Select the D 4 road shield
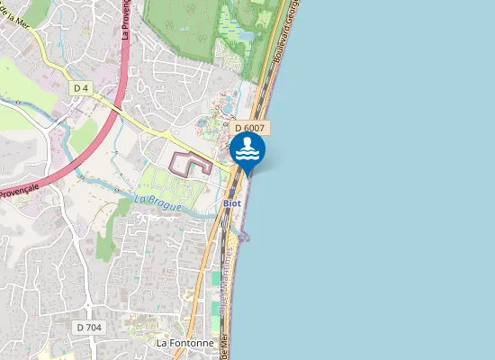click(x=82, y=87)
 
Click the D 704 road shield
click(x=88, y=328)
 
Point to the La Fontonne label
click(x=185, y=343)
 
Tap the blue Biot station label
click(x=232, y=203)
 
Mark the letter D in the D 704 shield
click(x=80, y=328)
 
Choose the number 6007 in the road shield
click(x=254, y=129)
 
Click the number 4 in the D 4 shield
click(x=86, y=87)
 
